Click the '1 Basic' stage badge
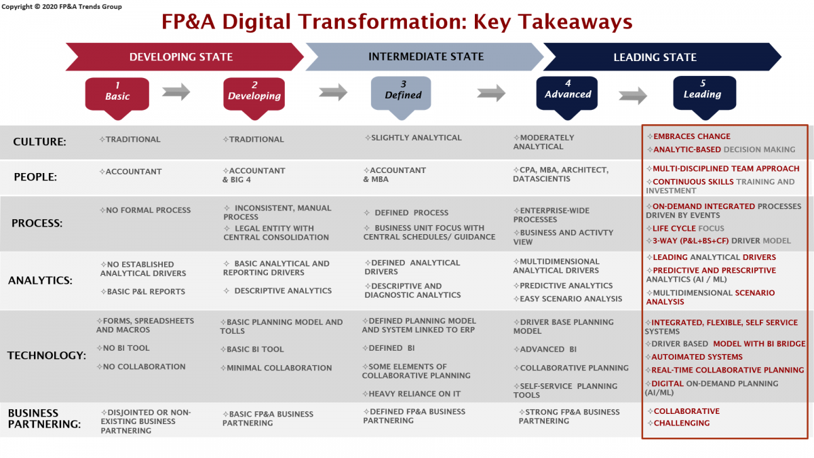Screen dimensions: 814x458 coord(117,96)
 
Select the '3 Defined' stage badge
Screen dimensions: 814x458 coord(401,95)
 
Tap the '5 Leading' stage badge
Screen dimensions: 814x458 coord(705,94)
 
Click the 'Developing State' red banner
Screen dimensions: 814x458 coord(185,57)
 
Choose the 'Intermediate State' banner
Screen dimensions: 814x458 coord(425,57)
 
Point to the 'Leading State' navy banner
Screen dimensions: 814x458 coord(662,57)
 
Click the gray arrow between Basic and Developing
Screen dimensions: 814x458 coord(176,92)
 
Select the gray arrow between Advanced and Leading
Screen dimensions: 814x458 coord(633,96)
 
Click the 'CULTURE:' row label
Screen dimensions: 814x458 coord(39,141)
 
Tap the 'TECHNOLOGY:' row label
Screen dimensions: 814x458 coord(47,355)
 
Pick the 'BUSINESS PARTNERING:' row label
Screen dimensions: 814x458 coord(44,419)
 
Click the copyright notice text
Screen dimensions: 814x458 coord(62,7)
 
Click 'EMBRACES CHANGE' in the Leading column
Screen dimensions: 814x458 coord(691,136)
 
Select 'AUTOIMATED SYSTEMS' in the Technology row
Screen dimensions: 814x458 coord(697,357)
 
